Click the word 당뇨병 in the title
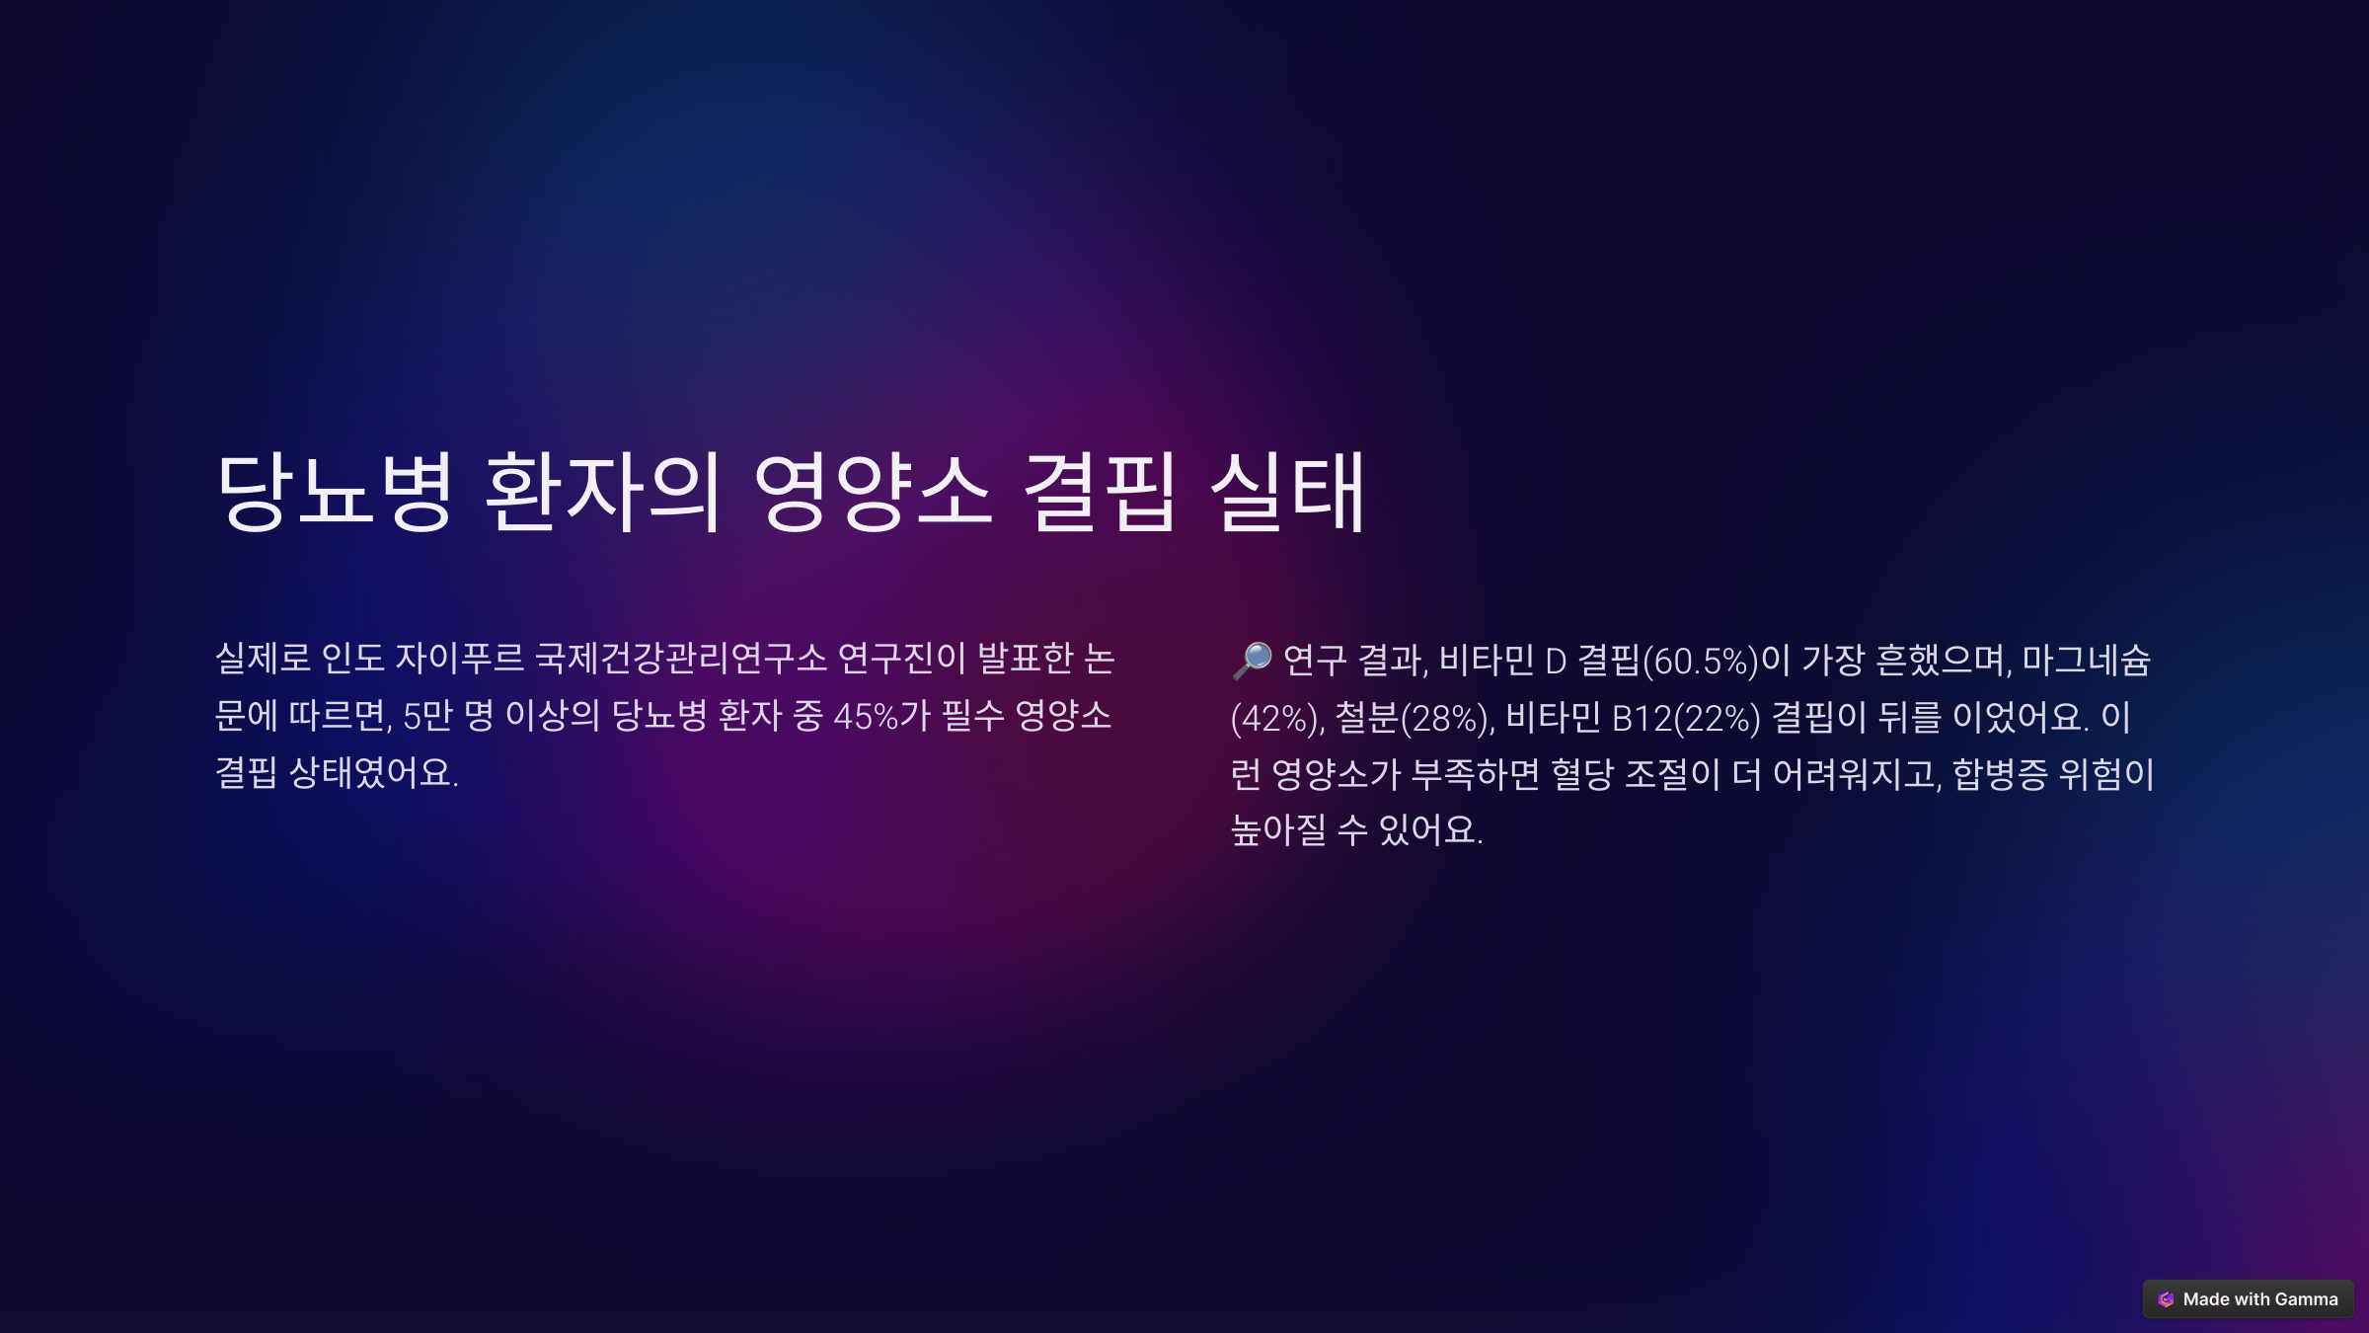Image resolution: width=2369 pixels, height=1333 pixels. (335, 492)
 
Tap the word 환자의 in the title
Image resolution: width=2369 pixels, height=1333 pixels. (603, 492)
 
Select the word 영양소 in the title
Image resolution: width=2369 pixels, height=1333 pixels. (873, 492)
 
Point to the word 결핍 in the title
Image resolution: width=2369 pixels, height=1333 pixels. (1100, 492)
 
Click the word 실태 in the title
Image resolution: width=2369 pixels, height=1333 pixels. (1288, 492)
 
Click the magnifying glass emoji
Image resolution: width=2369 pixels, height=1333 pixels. (1252, 660)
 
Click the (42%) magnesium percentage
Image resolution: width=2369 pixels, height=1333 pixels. (1277, 718)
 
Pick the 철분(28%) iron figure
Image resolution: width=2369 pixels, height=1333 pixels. (1414, 718)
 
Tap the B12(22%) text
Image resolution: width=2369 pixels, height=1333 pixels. (1686, 718)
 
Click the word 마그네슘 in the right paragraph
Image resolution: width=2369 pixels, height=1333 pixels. (2086, 660)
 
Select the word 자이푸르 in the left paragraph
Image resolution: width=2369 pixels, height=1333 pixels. (459, 659)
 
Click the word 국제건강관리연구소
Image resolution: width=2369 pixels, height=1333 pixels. (681, 659)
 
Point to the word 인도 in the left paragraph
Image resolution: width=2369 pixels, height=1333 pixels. (352, 659)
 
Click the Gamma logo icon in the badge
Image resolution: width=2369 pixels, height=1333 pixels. (2166, 1299)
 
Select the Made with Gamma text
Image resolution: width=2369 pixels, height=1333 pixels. (2260, 1299)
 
